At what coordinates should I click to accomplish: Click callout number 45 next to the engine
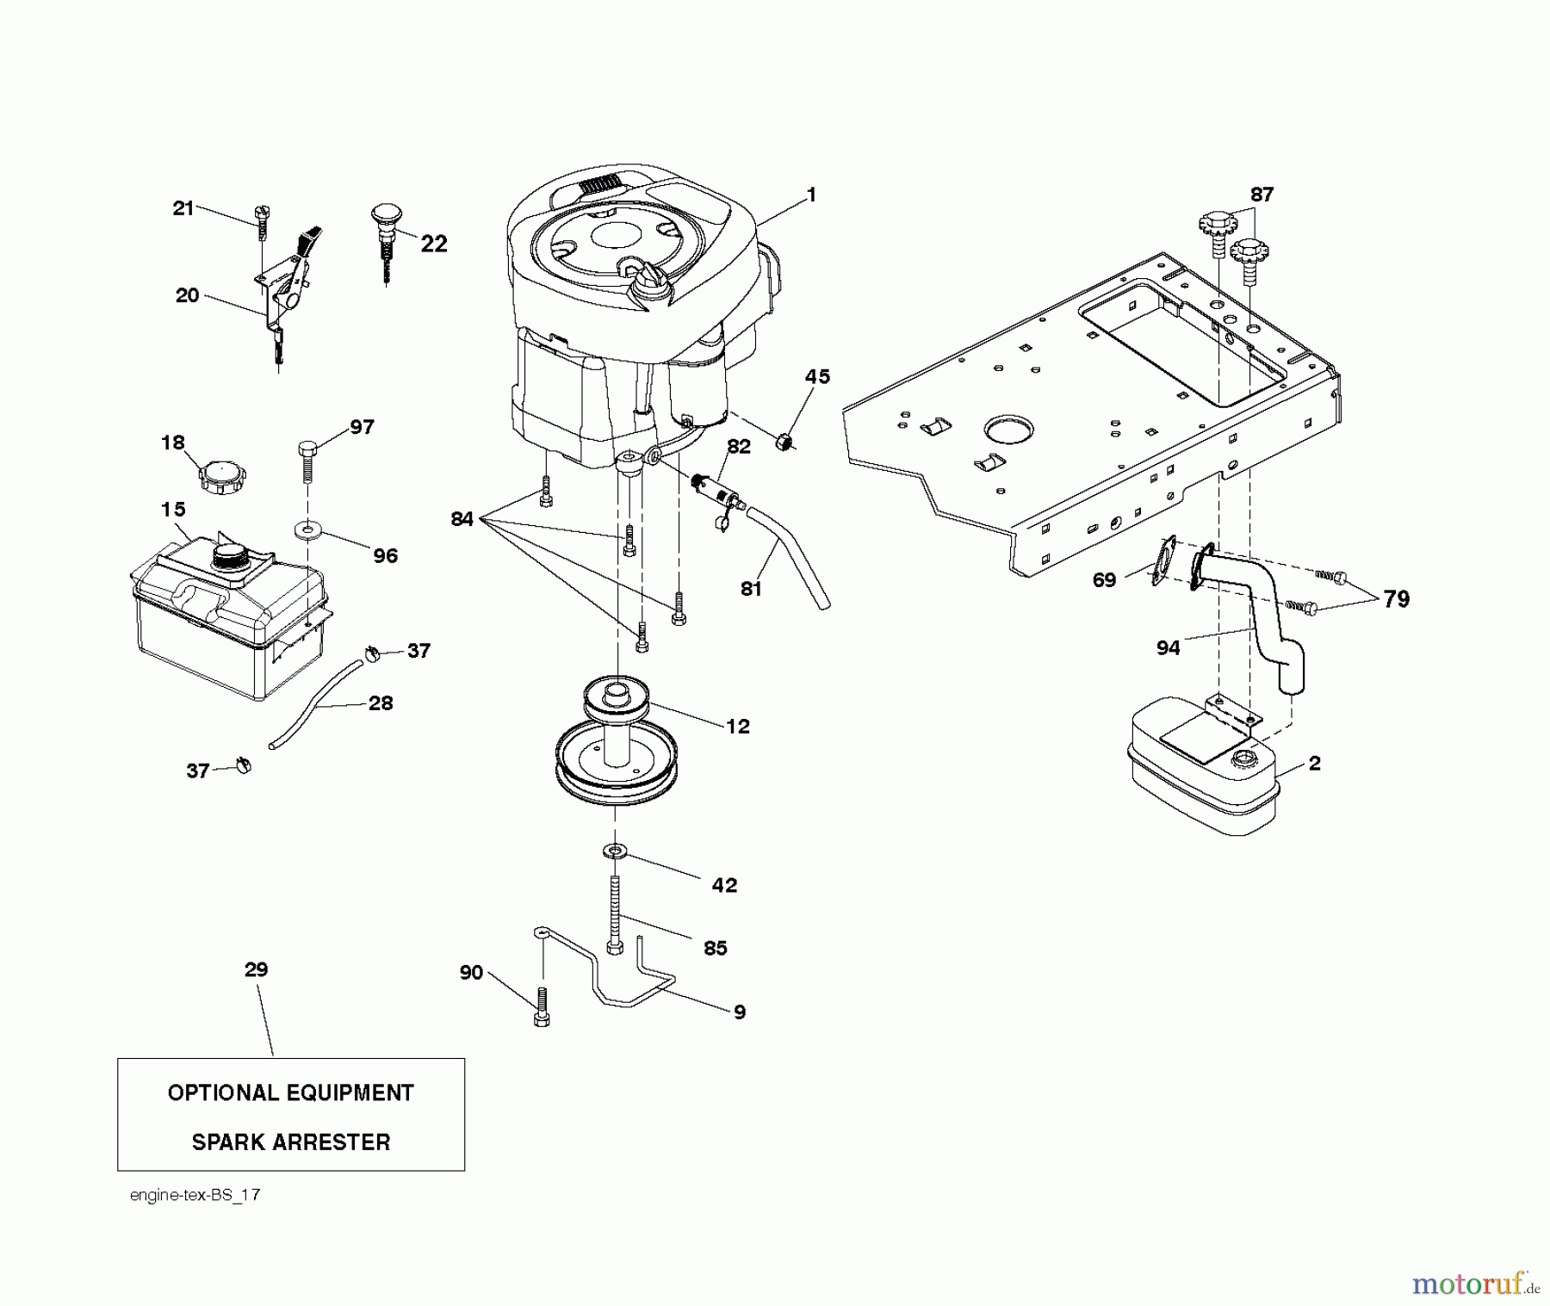[817, 376]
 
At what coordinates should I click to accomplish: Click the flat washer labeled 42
[614, 851]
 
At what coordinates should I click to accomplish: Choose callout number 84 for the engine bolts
[462, 519]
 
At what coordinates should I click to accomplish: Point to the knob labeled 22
[387, 228]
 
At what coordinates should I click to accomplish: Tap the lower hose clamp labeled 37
[242, 764]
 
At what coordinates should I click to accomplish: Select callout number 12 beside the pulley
[738, 726]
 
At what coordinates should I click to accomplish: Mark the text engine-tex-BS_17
[195, 1195]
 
